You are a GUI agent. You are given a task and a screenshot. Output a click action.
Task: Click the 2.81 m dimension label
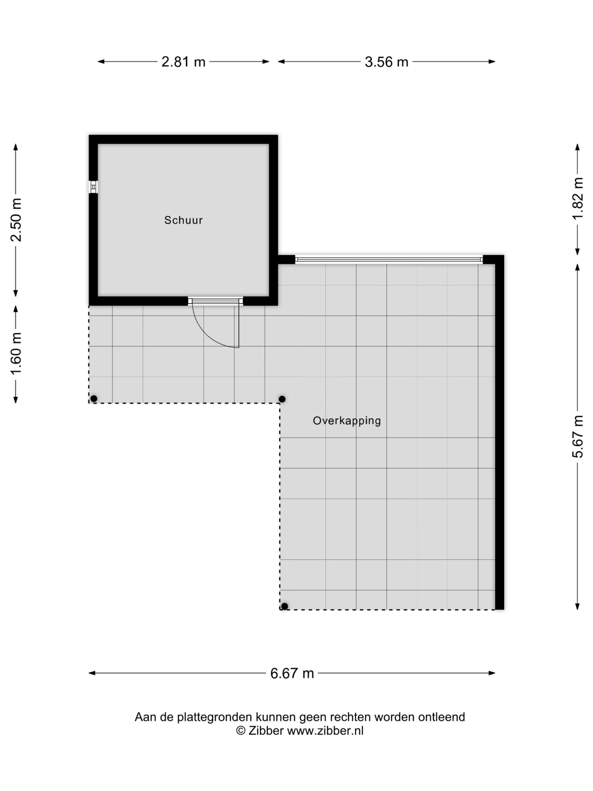[x=183, y=62]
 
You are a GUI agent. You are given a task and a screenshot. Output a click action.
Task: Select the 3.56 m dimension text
[x=386, y=62]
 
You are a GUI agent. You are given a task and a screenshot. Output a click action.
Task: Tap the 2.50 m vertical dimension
[x=16, y=220]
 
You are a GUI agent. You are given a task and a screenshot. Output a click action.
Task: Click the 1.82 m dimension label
[x=578, y=198]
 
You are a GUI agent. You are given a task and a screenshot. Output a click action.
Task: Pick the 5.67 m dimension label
[x=578, y=437]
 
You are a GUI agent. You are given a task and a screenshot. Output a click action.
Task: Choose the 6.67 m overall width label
[x=292, y=673]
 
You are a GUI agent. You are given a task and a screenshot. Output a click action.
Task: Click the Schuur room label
[x=183, y=220]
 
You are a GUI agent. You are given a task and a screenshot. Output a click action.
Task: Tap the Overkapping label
[x=347, y=421]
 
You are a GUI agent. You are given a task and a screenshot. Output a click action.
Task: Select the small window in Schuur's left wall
[x=93, y=187]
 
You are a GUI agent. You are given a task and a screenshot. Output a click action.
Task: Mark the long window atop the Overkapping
[x=389, y=259]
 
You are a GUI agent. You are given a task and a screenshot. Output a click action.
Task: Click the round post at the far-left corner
[x=94, y=398]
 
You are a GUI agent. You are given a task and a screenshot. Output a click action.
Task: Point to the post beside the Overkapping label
[x=282, y=399]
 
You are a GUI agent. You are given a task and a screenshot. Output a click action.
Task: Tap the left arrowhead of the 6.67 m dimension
[x=92, y=673]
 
